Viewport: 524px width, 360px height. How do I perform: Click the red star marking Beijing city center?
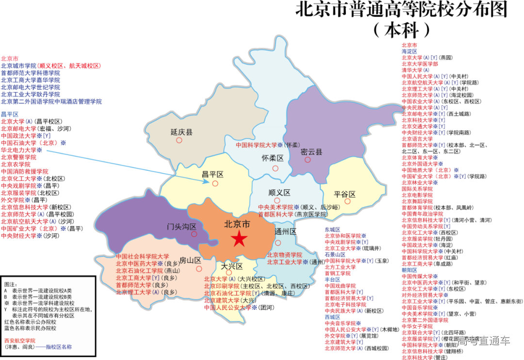coord(239,239)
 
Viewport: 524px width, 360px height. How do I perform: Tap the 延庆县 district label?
coord(182,132)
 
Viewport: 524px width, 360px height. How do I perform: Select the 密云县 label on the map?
coord(311,152)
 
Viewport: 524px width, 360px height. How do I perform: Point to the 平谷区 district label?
coord(345,195)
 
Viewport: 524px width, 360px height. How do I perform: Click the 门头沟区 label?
coord(181,227)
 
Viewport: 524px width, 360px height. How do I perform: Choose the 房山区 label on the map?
coord(190,260)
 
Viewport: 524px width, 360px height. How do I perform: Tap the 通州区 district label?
coord(285,231)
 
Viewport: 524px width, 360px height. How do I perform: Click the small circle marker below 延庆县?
coord(179,140)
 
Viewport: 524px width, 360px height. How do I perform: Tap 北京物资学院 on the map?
coord(284,255)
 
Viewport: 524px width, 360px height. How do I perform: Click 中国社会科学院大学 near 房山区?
coord(142,256)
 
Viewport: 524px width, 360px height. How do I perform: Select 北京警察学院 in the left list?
coord(18,157)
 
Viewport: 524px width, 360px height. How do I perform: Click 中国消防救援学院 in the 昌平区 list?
coord(24,171)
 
